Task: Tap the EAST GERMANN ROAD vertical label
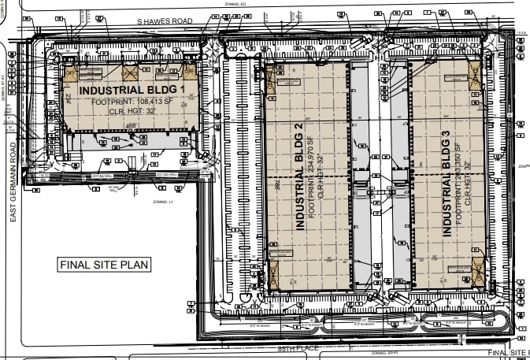coord(13,180)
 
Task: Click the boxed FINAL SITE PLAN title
coord(104,265)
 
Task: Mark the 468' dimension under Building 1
coord(131,125)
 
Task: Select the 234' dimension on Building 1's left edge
coord(69,98)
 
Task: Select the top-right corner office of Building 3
coord(475,77)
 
